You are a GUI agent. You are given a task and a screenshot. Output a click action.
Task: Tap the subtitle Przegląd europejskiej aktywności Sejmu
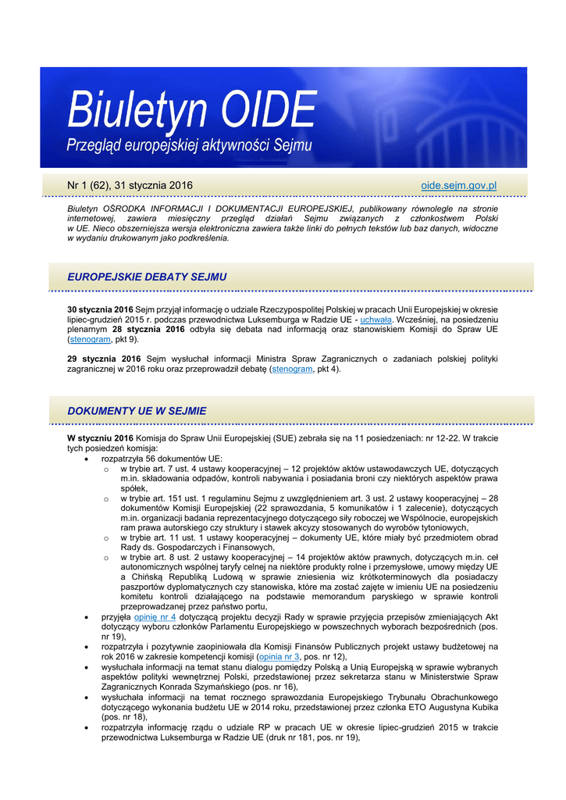[188, 145]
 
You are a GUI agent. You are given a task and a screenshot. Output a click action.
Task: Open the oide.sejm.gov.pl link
[458, 185]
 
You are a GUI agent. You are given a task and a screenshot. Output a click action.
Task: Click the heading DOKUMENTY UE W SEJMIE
[137, 410]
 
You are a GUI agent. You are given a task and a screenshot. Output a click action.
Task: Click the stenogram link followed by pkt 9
[90, 340]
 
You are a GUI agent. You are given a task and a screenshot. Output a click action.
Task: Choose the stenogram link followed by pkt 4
[291, 369]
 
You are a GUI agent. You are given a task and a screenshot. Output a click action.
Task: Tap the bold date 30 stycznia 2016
[100, 310]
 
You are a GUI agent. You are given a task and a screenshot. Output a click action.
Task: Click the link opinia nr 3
[280, 657]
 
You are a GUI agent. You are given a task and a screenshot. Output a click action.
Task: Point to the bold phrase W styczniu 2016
[100, 438]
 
